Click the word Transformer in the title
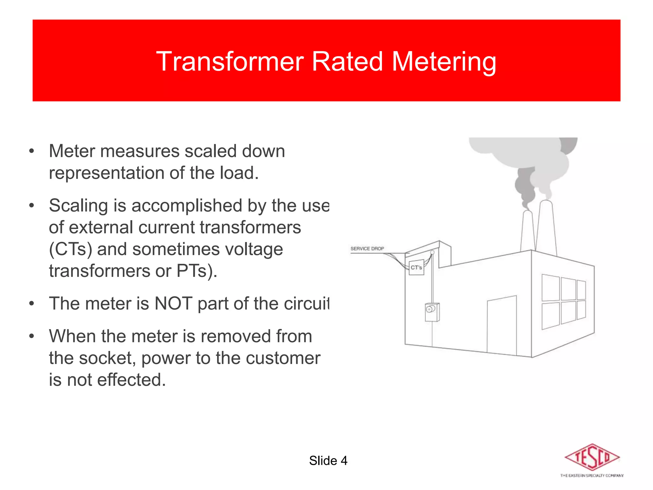point(230,61)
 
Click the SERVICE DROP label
point(367,249)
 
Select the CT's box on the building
point(416,267)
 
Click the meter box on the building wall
point(432,312)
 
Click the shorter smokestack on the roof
point(528,231)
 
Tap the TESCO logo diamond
point(592,457)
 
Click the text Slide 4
point(328,461)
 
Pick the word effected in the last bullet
point(131,380)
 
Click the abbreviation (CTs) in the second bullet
point(70,249)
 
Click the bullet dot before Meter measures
point(31,151)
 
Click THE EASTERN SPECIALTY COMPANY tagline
point(592,476)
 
